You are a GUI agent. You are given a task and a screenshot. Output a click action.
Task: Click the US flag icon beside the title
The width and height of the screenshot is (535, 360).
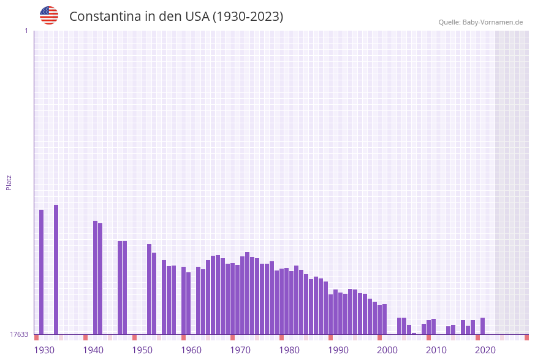coord(49,15)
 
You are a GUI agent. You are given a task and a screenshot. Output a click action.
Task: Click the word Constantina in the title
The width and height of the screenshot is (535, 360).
coord(105,17)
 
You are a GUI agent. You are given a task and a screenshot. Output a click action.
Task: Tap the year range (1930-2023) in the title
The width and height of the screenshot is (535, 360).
coord(248,17)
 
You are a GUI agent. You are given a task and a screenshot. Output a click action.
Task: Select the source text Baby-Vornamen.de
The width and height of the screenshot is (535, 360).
coord(492,22)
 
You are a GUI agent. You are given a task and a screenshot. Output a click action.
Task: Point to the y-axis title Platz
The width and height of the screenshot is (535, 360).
coord(9,182)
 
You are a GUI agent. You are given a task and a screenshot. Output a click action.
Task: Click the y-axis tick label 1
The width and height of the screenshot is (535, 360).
coord(26,31)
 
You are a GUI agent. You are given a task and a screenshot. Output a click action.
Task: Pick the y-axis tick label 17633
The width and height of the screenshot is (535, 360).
coord(19,334)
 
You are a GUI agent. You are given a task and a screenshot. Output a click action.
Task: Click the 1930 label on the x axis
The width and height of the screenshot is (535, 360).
coord(44,350)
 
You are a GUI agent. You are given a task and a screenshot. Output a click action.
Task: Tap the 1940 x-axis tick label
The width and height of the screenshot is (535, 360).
coord(93,350)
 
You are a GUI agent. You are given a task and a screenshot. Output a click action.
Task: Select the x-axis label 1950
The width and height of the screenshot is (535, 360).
coord(142,350)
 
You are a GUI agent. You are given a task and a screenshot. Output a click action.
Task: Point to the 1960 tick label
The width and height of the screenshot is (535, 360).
coord(191,350)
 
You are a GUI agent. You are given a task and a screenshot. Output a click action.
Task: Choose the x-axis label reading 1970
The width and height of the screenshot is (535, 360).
coord(240,350)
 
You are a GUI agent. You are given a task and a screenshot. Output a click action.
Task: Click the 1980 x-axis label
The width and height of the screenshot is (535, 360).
coord(289,350)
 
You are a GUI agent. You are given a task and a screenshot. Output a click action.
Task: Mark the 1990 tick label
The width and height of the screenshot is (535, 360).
coord(338,350)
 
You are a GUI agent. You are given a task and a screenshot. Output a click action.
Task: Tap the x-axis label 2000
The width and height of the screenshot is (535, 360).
coord(387,350)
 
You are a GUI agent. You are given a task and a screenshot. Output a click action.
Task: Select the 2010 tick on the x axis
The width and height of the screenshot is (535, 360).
coord(436,350)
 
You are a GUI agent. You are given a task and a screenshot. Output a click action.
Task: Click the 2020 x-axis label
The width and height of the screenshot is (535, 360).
coord(485,350)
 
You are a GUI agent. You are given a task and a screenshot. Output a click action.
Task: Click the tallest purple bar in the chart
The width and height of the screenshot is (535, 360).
coord(56,270)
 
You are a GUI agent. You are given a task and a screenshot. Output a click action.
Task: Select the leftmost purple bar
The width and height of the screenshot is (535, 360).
coord(41,272)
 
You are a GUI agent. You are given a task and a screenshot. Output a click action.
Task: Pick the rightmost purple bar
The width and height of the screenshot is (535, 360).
coord(482,326)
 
